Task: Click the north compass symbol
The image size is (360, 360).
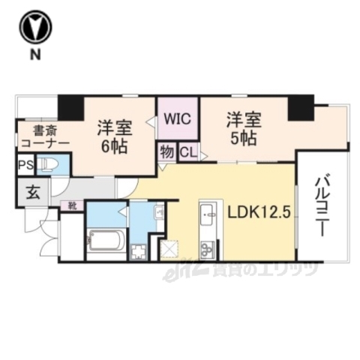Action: pyautogui.click(x=35, y=28)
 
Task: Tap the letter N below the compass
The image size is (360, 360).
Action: pyautogui.click(x=35, y=55)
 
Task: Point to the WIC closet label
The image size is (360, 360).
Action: pyautogui.click(x=177, y=118)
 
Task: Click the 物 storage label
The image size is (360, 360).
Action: pyautogui.click(x=166, y=152)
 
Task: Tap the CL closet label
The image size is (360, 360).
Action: pyautogui.click(x=187, y=152)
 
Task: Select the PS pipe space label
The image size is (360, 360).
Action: pyautogui.click(x=25, y=165)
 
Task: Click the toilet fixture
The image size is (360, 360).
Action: pyautogui.click(x=51, y=164)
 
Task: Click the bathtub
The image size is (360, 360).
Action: pyautogui.click(x=106, y=241)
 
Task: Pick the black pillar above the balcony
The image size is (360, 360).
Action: pyautogui.click(x=301, y=109)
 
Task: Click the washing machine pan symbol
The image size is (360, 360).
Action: pyautogui.click(x=139, y=250)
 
